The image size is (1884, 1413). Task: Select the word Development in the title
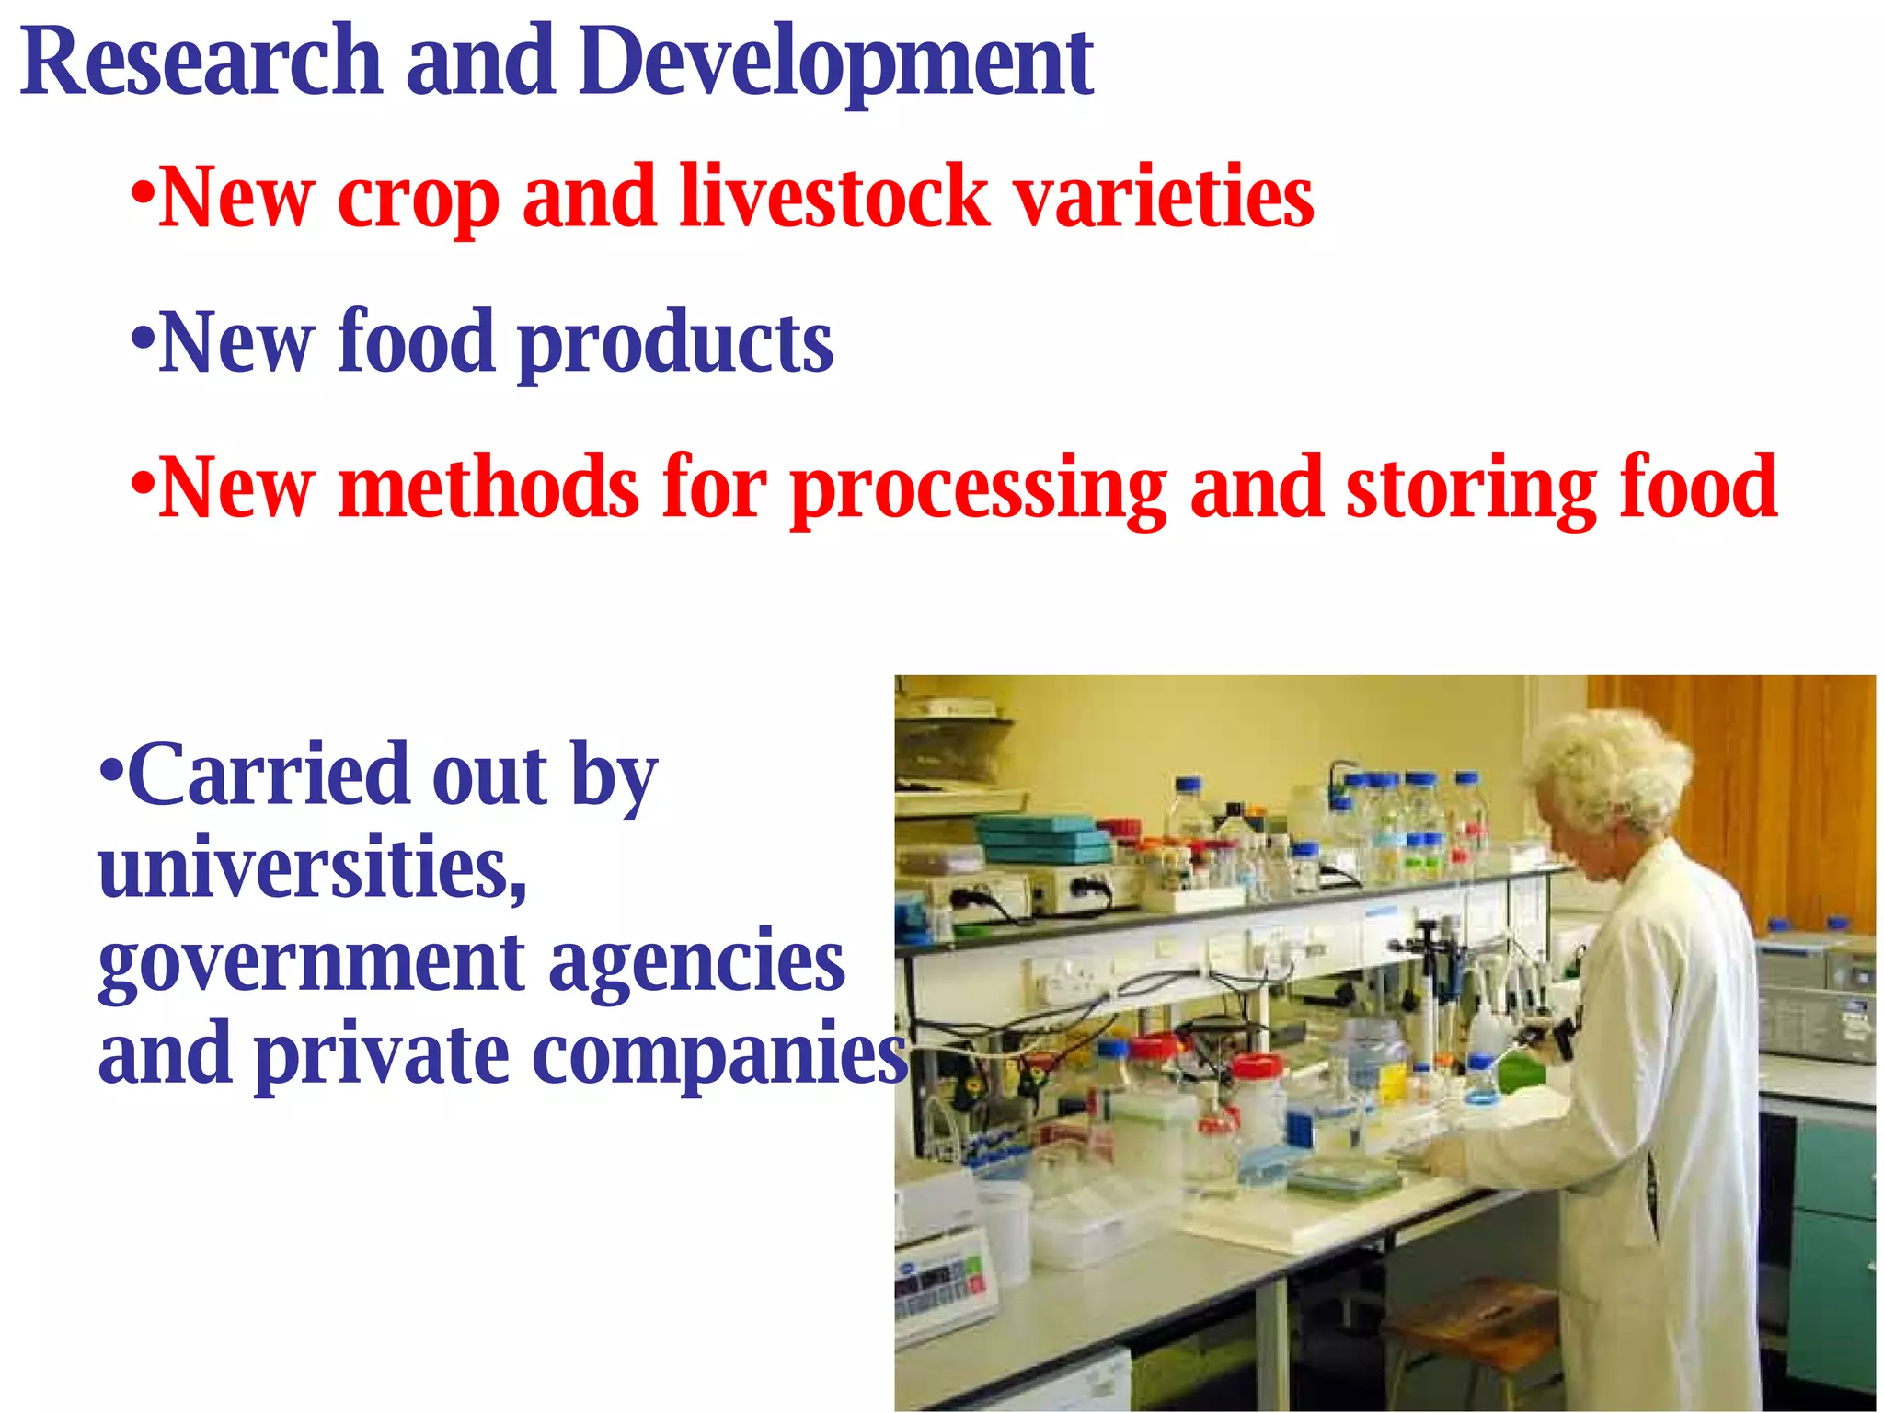pos(835,63)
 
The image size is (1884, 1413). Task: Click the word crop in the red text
pos(419,199)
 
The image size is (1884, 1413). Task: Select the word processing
pos(979,488)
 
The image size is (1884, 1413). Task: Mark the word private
pos(382,1056)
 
